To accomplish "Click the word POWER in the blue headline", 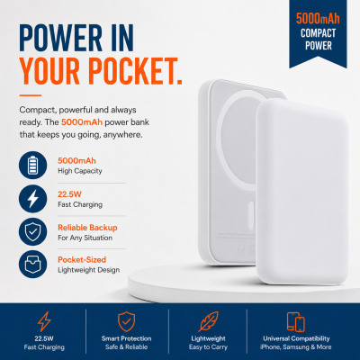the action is (61, 38).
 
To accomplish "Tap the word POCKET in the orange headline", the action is (134, 71).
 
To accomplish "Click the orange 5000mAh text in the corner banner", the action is (318, 19).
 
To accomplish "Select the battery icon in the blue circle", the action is (33, 165).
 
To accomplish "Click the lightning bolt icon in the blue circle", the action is (33, 199).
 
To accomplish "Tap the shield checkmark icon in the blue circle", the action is (33, 232).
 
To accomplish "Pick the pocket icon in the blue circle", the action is (33, 265).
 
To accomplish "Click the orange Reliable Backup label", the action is (87, 228).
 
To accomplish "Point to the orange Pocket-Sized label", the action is (82, 260).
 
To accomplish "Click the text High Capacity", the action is (80, 171).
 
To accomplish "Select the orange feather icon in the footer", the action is (209, 321).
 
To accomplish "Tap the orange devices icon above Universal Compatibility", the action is (295, 322).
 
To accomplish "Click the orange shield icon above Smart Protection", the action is (126, 321).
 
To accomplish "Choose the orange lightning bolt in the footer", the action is (44, 321).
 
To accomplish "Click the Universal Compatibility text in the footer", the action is (296, 338).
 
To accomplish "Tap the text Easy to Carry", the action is (208, 347).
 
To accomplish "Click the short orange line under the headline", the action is (31, 95).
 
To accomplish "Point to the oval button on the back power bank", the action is (251, 215).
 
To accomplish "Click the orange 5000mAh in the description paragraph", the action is (82, 122).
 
